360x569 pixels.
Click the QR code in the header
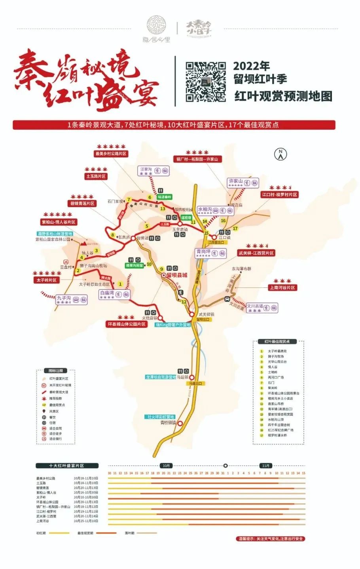click(206, 82)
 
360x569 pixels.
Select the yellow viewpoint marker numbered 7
click(129, 200)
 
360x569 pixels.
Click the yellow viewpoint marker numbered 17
click(235, 228)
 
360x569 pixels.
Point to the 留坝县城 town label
click(177, 275)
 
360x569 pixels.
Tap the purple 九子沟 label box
click(71, 299)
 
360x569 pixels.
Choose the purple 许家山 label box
click(243, 183)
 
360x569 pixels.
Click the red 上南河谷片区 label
click(282, 287)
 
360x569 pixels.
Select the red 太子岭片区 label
click(47, 280)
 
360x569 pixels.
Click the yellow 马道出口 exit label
click(195, 383)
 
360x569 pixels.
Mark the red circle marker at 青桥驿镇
click(180, 423)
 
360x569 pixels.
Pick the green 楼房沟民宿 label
click(135, 265)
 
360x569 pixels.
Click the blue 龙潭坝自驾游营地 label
click(160, 377)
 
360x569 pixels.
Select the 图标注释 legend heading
click(55, 371)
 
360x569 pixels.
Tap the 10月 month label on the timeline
click(166, 465)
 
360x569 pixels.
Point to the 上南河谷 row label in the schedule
click(43, 521)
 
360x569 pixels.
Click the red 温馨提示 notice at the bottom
click(271, 539)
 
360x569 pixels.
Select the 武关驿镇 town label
click(206, 314)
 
